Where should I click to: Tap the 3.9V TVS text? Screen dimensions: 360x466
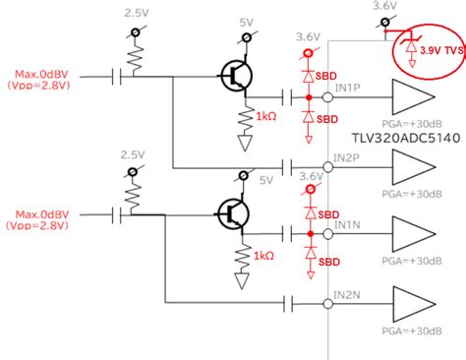point(436,49)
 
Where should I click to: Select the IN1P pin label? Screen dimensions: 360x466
point(347,89)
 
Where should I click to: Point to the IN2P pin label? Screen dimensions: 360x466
point(347,155)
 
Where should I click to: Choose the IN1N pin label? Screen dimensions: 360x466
point(347,225)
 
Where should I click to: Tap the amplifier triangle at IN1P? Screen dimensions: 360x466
point(411,98)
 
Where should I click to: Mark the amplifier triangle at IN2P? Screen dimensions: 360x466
point(411,166)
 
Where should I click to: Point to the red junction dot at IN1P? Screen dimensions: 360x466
point(311,98)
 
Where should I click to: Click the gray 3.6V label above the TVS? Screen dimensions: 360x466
point(384,7)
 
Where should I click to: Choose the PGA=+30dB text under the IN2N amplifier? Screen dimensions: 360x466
point(407,330)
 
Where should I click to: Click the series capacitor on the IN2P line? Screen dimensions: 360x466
point(290,166)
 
